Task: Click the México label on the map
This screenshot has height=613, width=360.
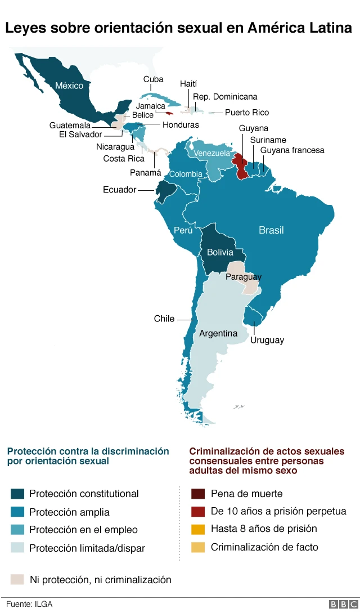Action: pos(69,86)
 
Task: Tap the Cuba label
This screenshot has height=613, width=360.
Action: pos(154,79)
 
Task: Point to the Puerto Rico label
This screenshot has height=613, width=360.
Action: pos(247,113)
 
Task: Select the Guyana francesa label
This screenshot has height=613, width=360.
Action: pos(292,150)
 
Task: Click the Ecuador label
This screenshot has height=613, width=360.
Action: pos(119,190)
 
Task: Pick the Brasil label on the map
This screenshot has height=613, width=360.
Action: pos(271,230)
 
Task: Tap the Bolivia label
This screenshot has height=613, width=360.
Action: pos(220,252)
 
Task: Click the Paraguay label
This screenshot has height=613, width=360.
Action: pos(244,277)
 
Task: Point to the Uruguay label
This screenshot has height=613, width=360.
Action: pos(267,340)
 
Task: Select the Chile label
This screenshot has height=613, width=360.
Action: pos(164,319)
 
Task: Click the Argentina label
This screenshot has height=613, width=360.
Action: pos(218,333)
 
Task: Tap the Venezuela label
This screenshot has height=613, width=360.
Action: pos(212,153)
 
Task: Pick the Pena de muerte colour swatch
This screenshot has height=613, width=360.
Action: pos(197,494)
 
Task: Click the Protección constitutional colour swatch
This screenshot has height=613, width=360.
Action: pos(17,494)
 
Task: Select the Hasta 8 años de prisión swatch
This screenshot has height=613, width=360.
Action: pos(197,529)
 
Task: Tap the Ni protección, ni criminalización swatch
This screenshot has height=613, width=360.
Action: pos(17,579)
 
